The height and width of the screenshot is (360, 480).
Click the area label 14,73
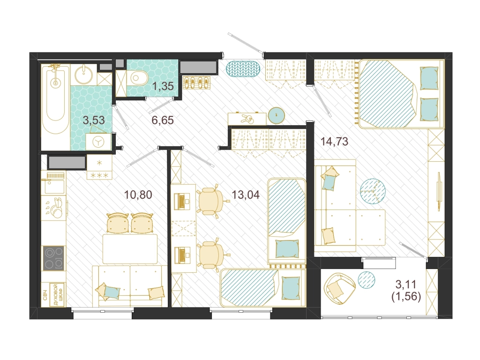pyautogui.click(x=334, y=142)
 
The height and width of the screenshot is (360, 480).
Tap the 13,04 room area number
pyautogui.click(x=246, y=195)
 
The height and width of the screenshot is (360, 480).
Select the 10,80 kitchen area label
pyautogui.click(x=138, y=195)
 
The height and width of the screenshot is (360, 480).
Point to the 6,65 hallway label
pyautogui.click(x=163, y=120)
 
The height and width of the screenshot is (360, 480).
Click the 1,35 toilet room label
pyautogui.click(x=164, y=86)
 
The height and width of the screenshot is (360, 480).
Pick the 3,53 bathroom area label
pyautogui.click(x=94, y=120)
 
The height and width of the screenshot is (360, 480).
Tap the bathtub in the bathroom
pyautogui.click(x=55, y=98)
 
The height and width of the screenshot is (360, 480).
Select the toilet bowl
pyautogui.click(x=139, y=78)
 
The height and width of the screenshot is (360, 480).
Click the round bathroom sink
pyautogui.click(x=83, y=75)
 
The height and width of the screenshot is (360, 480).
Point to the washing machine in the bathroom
pyautogui.click(x=98, y=142)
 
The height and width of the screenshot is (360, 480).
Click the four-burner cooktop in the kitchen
pyautogui.click(x=53, y=258)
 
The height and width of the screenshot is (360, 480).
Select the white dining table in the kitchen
pyautogui.click(x=130, y=249)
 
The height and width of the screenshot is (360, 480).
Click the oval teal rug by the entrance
pyautogui.click(x=243, y=68)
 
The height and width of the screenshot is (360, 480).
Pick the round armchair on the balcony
pyautogui.click(x=339, y=289)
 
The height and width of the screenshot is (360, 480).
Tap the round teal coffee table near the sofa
pyautogui.click(x=373, y=191)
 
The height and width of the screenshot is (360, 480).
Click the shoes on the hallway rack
pyautogui.click(x=196, y=82)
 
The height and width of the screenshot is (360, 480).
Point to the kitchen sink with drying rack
pyautogui.click(x=54, y=183)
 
